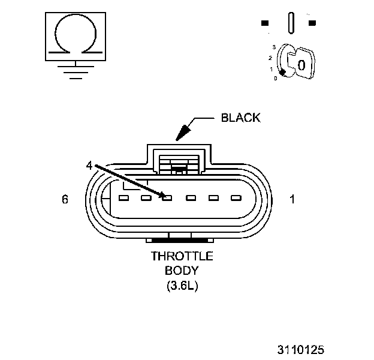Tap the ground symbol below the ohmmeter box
[74, 70]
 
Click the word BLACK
[240, 118]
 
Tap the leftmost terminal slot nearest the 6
[125, 197]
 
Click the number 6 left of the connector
[65, 200]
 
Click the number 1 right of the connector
[292, 200]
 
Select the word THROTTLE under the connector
[182, 256]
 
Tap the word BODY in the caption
[182, 271]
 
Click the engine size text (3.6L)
[182, 286]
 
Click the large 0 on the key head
[301, 64]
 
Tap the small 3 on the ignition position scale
[274, 47]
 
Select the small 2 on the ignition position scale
[271, 58]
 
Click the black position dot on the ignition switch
[282, 72]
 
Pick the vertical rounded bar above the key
[290, 23]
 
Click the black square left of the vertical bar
[265, 23]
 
